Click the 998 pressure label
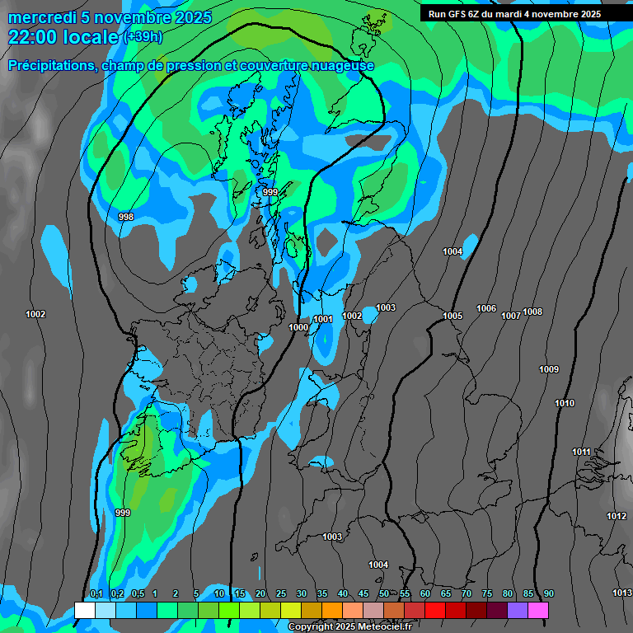[x=126, y=217]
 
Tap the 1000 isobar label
[x=298, y=328]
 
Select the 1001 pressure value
[x=323, y=319]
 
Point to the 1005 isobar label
[x=452, y=316]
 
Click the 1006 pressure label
[x=486, y=308]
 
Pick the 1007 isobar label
[x=511, y=316]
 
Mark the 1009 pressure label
[x=549, y=369]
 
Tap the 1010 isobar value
[x=565, y=403]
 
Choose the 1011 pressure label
[x=582, y=452]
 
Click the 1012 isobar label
[x=617, y=516]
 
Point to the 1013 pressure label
[x=622, y=593]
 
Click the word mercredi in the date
[x=42, y=17]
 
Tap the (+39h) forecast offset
[x=142, y=37]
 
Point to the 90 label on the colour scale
[x=548, y=593]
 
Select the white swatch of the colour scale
[x=85, y=610]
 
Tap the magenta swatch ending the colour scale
[x=538, y=610]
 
